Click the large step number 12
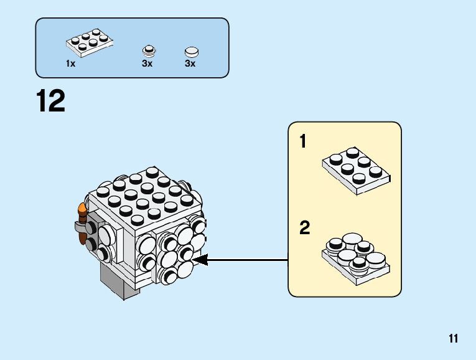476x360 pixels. (x=51, y=102)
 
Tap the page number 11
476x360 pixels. (x=453, y=339)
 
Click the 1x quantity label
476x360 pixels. (x=70, y=64)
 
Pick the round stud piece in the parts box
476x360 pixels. (x=147, y=50)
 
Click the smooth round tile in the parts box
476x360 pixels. (x=192, y=52)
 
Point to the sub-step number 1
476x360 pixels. (x=303, y=142)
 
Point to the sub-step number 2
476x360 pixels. (x=304, y=228)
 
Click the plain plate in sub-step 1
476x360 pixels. (x=355, y=170)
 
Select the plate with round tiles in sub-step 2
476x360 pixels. (x=356, y=256)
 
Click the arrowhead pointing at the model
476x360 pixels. (x=201, y=260)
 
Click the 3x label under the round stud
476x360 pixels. (x=147, y=64)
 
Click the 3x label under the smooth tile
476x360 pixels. (x=190, y=64)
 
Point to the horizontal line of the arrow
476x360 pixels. (x=249, y=260)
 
